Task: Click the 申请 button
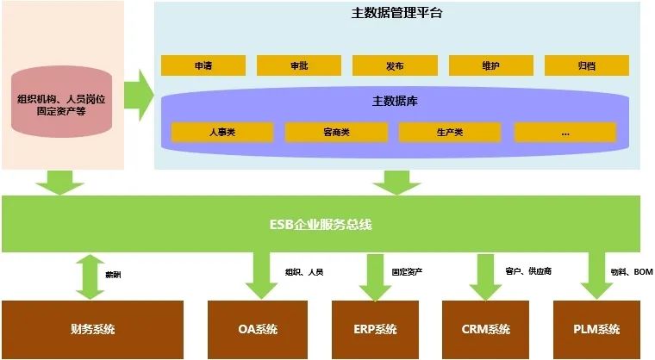203,65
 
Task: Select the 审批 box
299,65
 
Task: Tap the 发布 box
396,65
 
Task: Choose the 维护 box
491,65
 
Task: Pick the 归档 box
586,65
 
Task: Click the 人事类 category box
222,132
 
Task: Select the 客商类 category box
336,132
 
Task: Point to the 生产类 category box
450,132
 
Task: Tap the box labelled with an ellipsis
565,132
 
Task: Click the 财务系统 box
93,329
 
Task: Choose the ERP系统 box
376,329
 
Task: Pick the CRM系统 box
486,329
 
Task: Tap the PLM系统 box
596,329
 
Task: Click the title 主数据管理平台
398,13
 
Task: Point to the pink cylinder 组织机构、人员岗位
62,105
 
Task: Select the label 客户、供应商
527,271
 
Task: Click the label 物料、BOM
631,271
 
